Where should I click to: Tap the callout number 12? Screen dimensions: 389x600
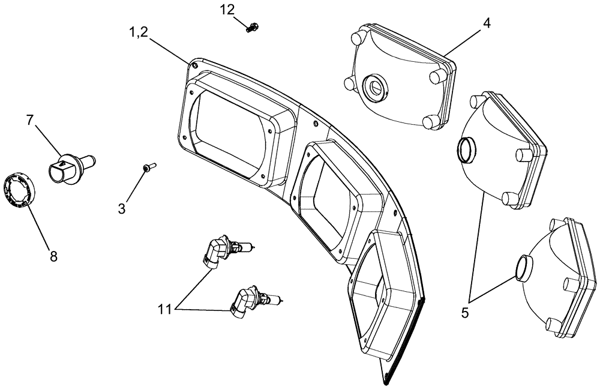pyautogui.click(x=228, y=10)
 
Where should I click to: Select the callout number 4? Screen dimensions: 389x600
pyautogui.click(x=487, y=23)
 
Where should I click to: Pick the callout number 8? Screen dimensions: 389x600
pyautogui.click(x=53, y=256)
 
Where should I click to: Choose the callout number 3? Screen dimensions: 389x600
pyautogui.click(x=122, y=208)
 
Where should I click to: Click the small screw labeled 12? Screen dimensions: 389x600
pyautogui.click(x=252, y=26)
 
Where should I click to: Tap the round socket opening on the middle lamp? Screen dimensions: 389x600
pyautogui.click(x=465, y=149)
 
